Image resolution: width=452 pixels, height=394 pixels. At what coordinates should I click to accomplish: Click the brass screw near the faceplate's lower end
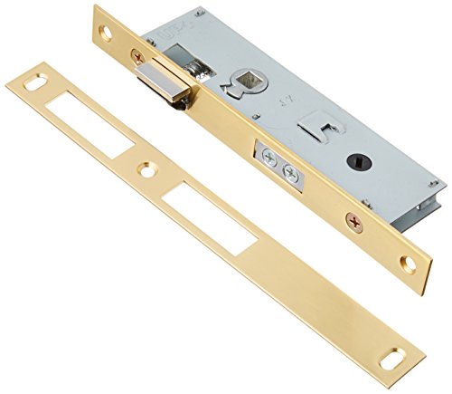click(353, 217)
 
